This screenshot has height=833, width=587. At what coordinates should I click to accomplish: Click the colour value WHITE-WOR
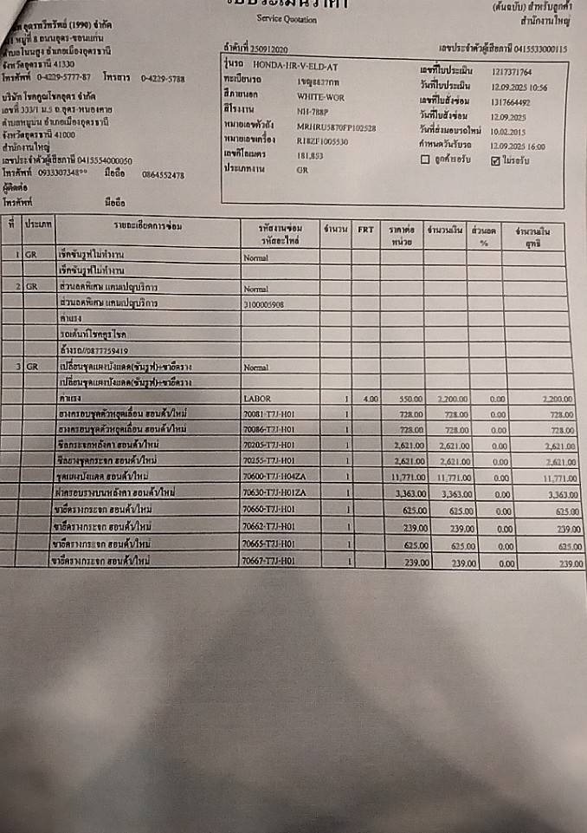pos(320,96)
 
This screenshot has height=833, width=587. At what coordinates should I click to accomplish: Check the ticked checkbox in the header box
pos(495,160)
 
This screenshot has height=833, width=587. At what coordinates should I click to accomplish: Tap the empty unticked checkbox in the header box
pos(424,160)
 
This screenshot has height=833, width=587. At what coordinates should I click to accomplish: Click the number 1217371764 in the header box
pos(512,72)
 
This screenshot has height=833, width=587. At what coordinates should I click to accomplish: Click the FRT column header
pos(365,230)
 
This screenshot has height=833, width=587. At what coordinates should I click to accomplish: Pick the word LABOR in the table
pos(258,398)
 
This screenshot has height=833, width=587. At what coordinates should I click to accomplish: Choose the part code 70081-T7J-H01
pos(269,414)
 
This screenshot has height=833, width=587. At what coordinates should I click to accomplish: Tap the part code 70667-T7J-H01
pos(268,561)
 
